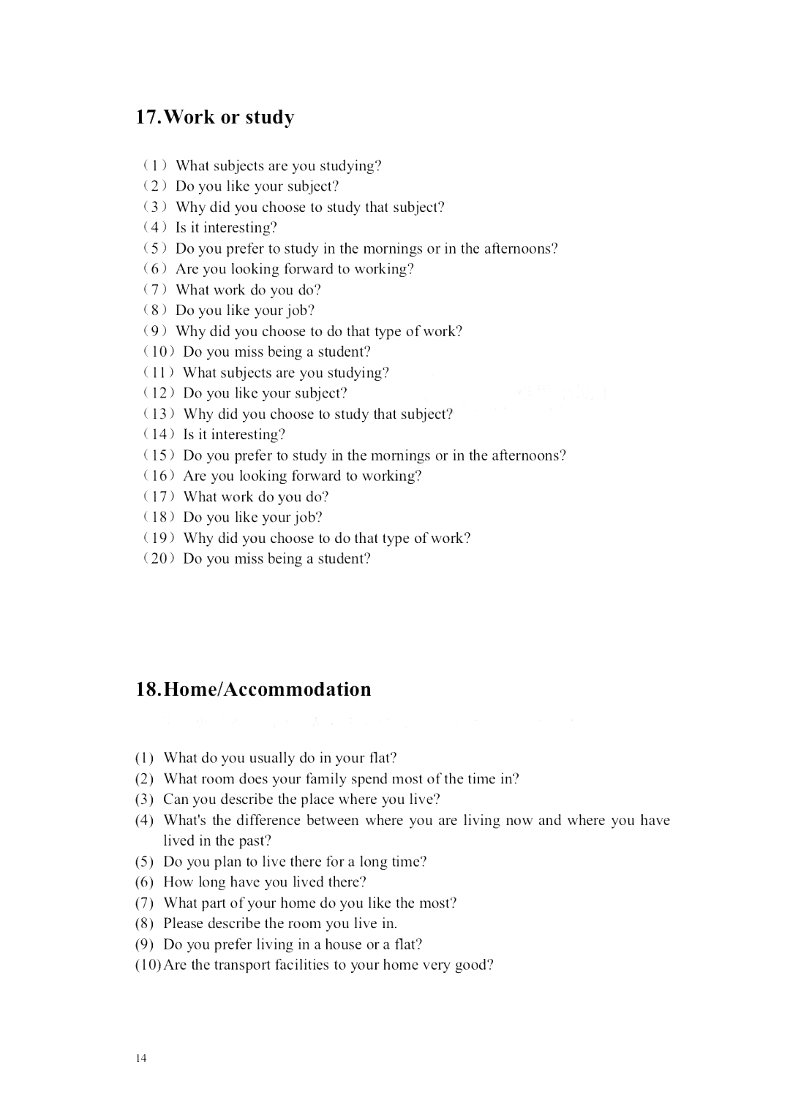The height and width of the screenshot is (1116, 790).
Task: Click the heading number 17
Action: tap(147, 117)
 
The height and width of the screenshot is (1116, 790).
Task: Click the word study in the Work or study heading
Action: tap(269, 118)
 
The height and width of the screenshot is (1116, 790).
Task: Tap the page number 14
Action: tap(140, 1058)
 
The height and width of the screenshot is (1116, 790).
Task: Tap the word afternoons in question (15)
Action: tap(527, 455)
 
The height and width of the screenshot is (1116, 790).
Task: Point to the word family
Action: tap(326, 779)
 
